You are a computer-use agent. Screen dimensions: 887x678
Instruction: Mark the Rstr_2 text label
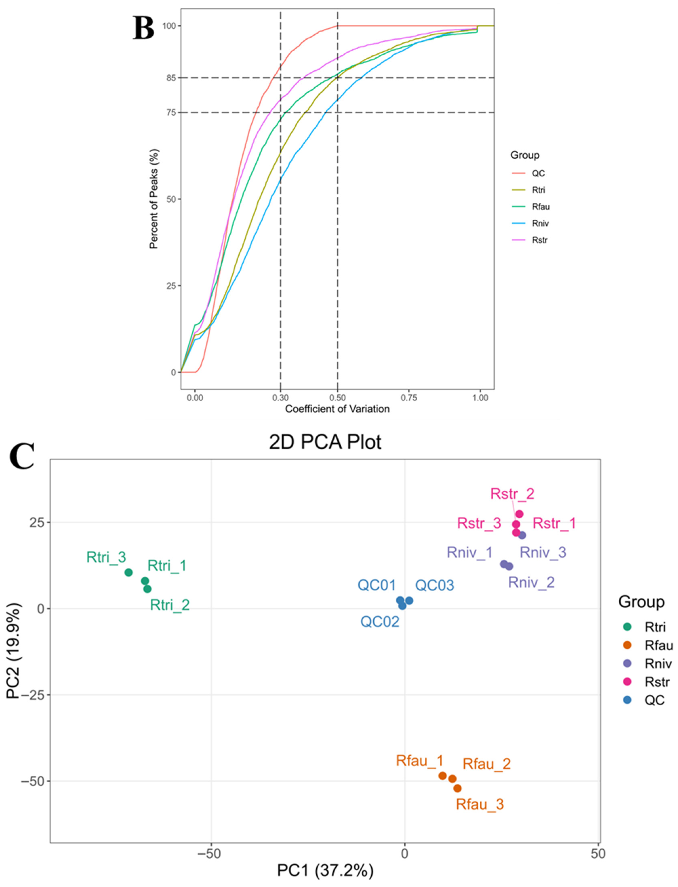pyautogui.click(x=512, y=494)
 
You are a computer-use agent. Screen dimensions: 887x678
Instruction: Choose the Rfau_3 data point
pyautogui.click(x=457, y=788)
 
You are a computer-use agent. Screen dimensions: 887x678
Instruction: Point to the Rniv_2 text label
pyautogui.click(x=531, y=582)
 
